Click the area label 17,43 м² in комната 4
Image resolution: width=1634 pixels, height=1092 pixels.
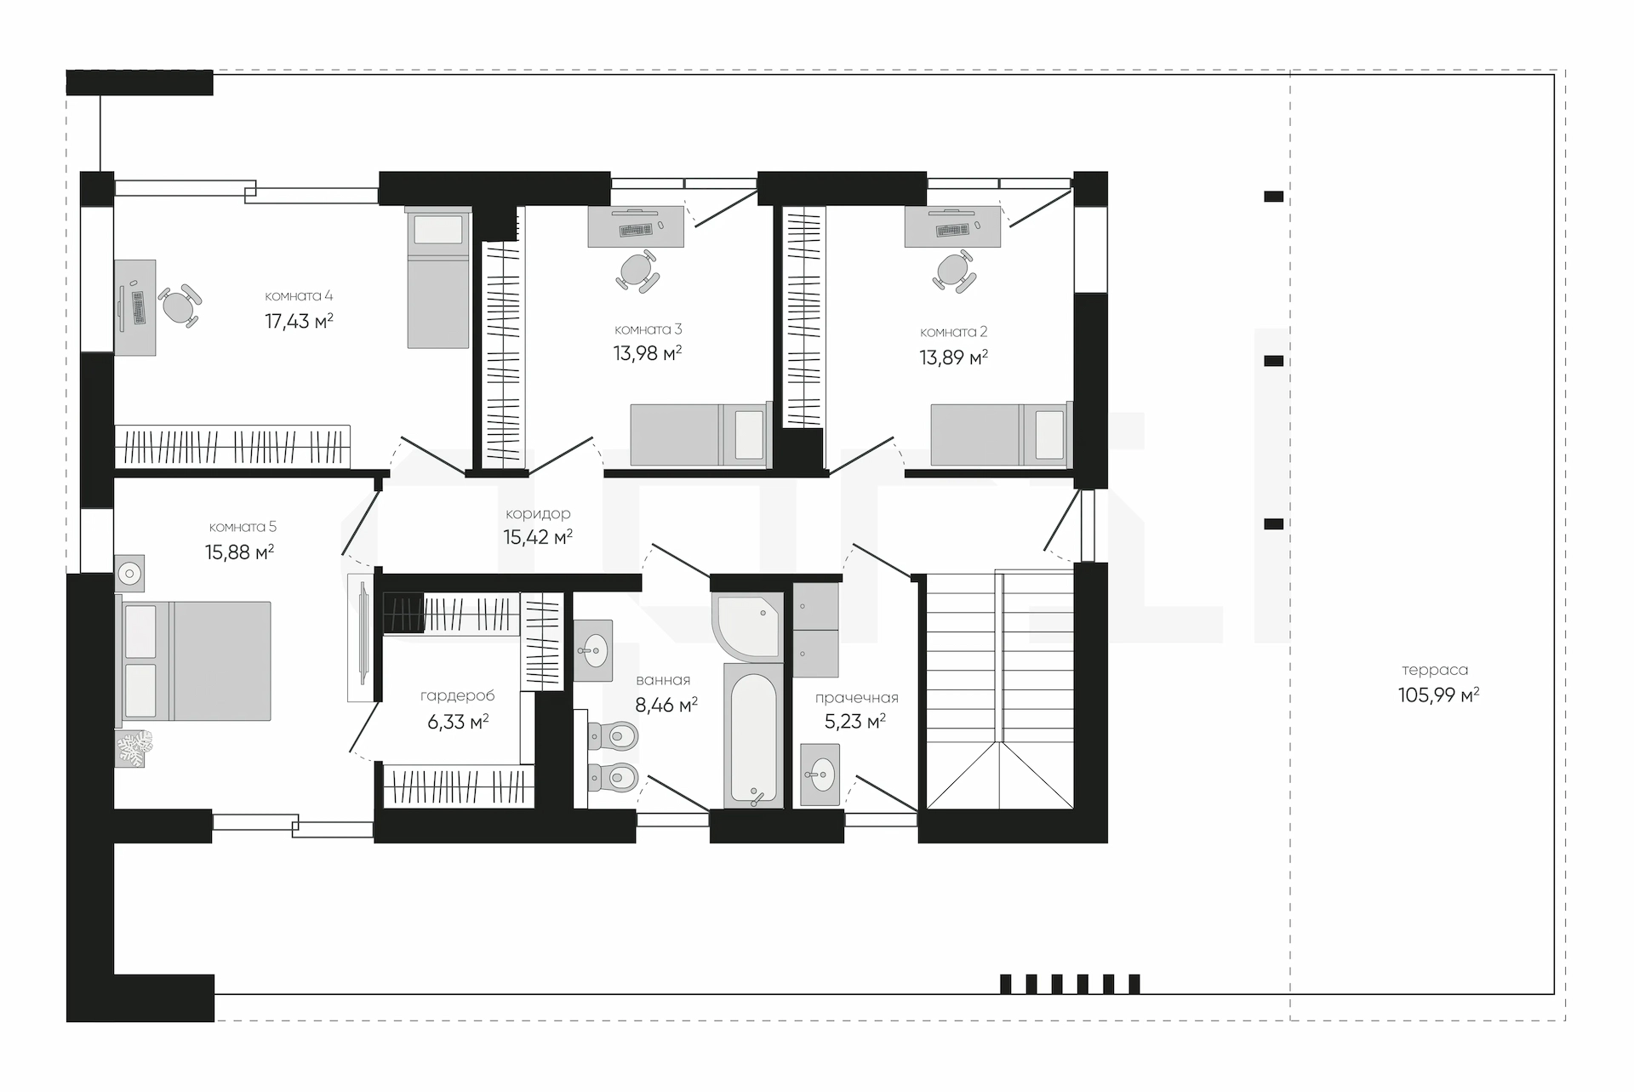pos(299,321)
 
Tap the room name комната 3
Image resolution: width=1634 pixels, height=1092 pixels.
pos(648,329)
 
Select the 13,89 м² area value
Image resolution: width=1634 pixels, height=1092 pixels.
pos(953,357)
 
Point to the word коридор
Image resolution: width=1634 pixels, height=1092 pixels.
pos(538,514)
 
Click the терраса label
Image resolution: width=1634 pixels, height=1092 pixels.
pos(1435,670)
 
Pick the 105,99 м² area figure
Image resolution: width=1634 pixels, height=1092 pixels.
pos(1438,695)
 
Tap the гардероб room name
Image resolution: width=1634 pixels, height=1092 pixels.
pos(457,696)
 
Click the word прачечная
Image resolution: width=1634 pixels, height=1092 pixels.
pos(856,698)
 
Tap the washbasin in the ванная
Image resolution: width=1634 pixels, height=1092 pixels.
pos(592,651)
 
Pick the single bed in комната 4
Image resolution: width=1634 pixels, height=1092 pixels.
pos(438,278)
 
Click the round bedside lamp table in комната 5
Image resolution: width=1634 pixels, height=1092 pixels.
pos(129,575)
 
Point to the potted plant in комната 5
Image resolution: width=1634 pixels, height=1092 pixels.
pos(134,749)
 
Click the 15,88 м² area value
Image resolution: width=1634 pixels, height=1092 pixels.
pos(239,552)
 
